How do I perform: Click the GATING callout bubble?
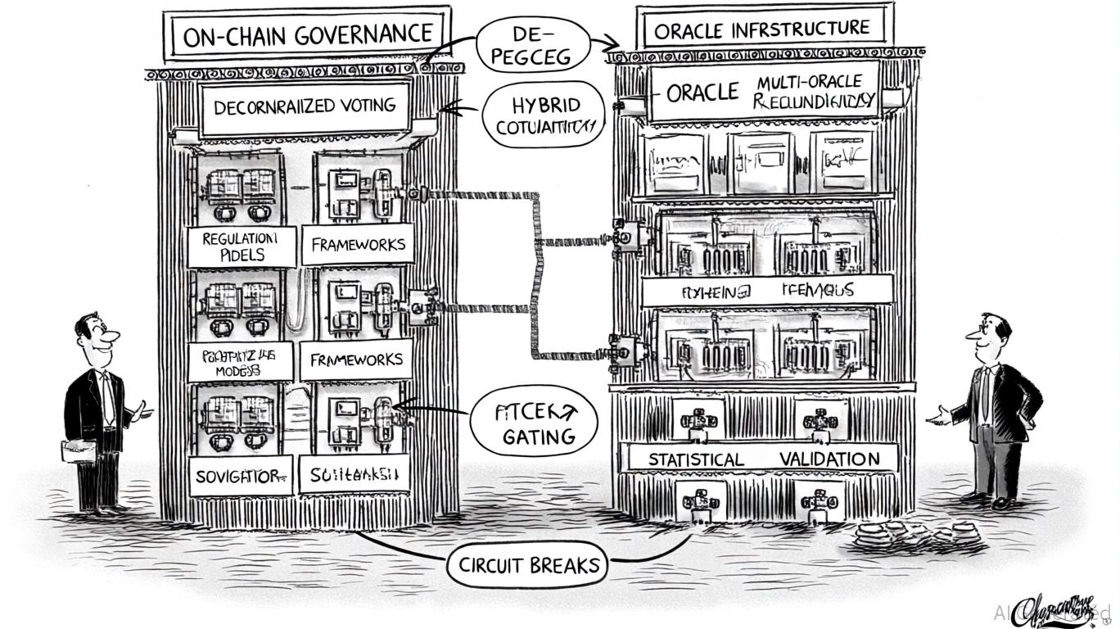(x=534, y=421)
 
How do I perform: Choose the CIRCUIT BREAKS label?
(x=529, y=564)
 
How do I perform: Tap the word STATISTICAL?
(x=696, y=459)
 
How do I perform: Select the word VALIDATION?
(x=829, y=459)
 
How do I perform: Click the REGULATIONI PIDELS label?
(x=241, y=246)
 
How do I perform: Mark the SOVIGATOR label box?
(x=241, y=476)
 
